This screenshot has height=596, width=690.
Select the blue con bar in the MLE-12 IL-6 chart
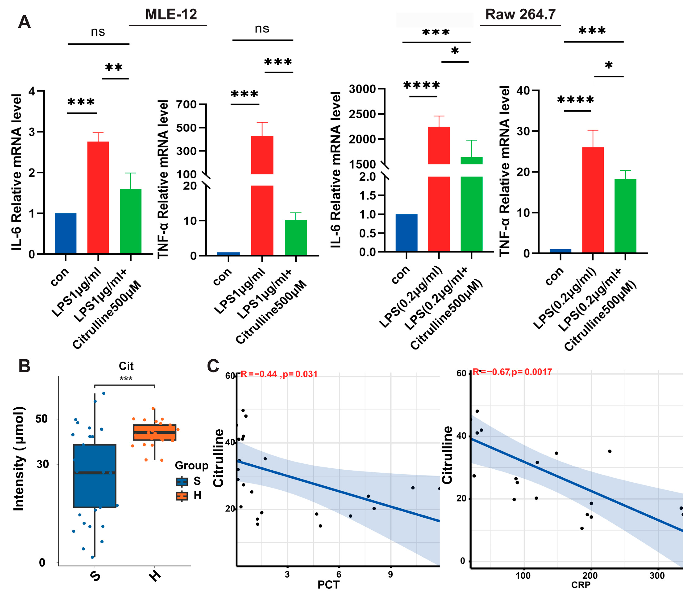[x=66, y=233]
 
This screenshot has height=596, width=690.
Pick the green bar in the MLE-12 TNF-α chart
[x=296, y=238]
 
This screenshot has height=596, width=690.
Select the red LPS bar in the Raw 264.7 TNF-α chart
[x=593, y=200]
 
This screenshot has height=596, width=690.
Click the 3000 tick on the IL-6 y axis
[x=362, y=89]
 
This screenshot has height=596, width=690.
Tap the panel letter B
[x=24, y=366]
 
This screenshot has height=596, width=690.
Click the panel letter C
[x=213, y=366]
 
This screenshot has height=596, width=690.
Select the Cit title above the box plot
[x=126, y=366]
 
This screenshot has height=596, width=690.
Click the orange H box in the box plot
[x=155, y=432]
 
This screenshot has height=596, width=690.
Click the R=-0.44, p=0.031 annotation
[x=279, y=374]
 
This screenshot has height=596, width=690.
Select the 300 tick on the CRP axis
[x=657, y=576]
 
